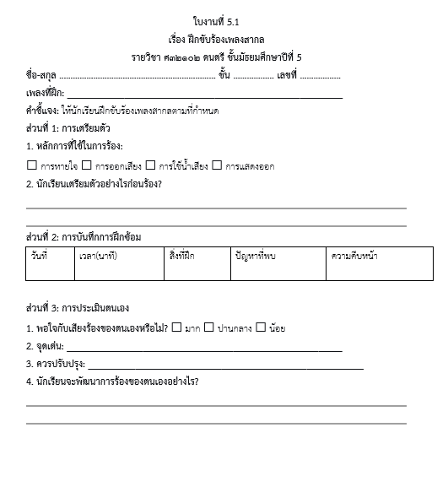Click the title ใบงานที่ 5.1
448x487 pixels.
coord(222,21)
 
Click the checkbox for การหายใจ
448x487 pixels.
coord(32,165)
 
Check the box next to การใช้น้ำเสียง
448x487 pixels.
coord(151,165)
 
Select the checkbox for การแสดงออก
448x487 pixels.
coord(217,165)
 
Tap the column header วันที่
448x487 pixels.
coord(39,255)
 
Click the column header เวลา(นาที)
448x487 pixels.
coord(97,255)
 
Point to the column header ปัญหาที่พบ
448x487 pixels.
coord(256,255)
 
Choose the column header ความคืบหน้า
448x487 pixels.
coord(354,255)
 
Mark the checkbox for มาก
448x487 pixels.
coord(176,327)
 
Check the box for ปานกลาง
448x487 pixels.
coord(209,327)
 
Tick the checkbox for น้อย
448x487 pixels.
coord(261,327)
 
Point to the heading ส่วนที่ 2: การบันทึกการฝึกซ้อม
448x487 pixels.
coord(84,235)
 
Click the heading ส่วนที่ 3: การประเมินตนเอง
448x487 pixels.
coord(78,307)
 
